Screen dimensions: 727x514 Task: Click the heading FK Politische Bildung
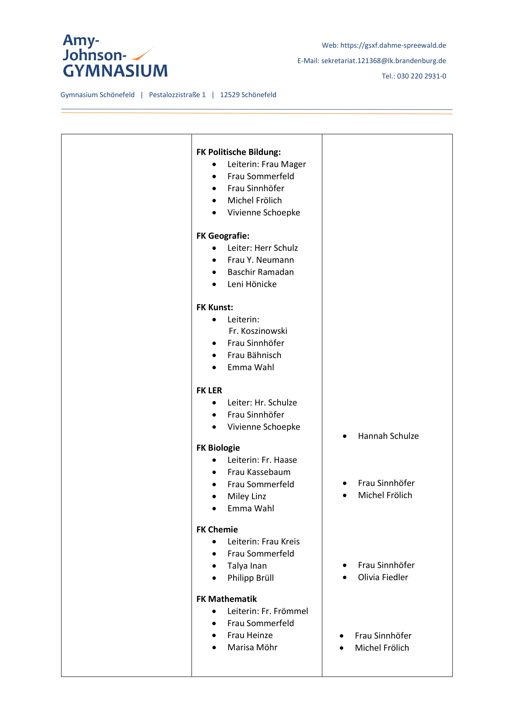[238, 152]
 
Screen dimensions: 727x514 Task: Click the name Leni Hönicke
[252, 284]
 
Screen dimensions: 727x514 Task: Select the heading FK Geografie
[223, 236]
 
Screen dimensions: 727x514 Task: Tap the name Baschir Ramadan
[260, 272]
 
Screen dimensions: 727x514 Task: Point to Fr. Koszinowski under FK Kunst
[258, 331]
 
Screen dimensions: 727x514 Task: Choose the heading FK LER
[209, 390]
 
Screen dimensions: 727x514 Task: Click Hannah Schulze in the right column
[388, 436]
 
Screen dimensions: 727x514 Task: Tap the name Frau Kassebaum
[259, 472]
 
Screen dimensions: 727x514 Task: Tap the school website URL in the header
[393, 45]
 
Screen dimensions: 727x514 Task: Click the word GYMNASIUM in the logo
[115, 71]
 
